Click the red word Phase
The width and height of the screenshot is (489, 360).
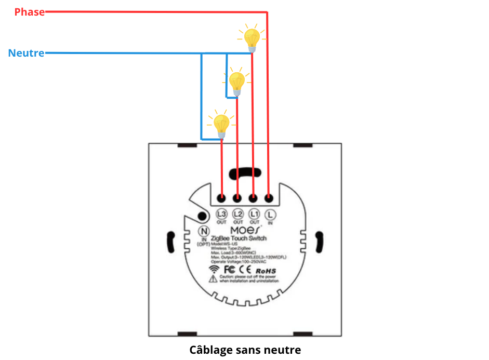tap(30, 12)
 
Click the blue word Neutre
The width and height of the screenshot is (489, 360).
tap(26, 53)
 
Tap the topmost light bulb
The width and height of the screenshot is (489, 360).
tap(252, 39)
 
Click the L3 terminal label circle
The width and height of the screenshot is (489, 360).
tap(222, 214)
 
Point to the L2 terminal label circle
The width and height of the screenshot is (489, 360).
tap(238, 214)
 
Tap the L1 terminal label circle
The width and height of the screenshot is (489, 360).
tap(254, 214)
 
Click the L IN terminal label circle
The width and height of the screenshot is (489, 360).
tap(270, 214)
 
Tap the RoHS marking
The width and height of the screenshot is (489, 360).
tap(266, 271)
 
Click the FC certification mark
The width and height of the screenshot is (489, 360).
tap(229, 270)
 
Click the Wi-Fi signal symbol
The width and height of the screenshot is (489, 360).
tap(214, 270)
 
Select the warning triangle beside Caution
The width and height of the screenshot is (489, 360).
tap(213, 279)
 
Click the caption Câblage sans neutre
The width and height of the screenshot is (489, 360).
tap(245, 350)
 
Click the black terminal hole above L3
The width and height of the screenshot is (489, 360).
tap(222, 198)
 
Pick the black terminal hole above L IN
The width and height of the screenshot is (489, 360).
tap(269, 198)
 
